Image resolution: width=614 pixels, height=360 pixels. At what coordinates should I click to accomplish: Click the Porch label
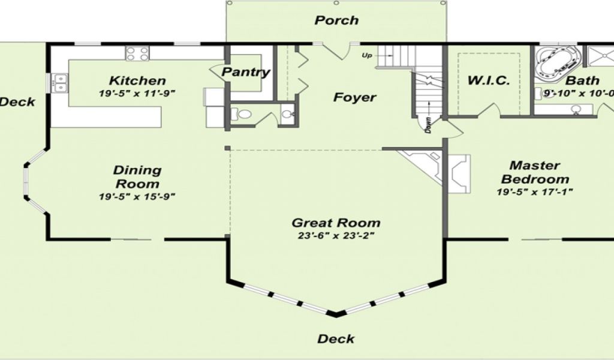pos(336,20)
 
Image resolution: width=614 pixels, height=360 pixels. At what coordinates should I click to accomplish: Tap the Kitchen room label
pos(137,80)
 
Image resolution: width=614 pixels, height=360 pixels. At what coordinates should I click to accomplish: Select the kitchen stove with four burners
pos(137,53)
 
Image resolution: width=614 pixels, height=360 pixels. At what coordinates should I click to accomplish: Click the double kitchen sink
pos(61,83)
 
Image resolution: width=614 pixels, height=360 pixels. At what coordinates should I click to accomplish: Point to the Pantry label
pos(246,72)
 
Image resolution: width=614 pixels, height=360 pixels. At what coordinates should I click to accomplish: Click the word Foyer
pos(355,97)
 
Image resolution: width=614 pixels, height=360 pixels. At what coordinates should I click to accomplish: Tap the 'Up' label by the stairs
pos(367,56)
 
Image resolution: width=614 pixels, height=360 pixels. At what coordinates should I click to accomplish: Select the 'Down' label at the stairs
pos(428,125)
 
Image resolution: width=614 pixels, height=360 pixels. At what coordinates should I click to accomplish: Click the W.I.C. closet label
pos(489,80)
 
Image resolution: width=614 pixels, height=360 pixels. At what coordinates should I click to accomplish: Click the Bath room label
pos(583,80)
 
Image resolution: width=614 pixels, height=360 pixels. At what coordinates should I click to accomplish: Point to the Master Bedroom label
pos(535,172)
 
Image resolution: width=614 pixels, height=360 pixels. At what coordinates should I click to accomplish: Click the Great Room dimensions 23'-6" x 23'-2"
pos(336,236)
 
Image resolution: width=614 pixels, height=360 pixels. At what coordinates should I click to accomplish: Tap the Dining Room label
pos(137,177)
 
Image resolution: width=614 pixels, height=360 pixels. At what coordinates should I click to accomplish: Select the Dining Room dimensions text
pos(137,196)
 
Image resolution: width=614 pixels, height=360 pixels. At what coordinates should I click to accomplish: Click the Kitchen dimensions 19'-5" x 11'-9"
pos(137,93)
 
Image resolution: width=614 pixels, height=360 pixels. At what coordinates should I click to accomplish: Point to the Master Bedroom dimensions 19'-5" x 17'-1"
pos(535,192)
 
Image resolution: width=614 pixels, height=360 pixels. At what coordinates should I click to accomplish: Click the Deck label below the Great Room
pos(336,339)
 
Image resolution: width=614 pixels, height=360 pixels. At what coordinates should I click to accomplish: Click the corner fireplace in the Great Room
pos(422,164)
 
